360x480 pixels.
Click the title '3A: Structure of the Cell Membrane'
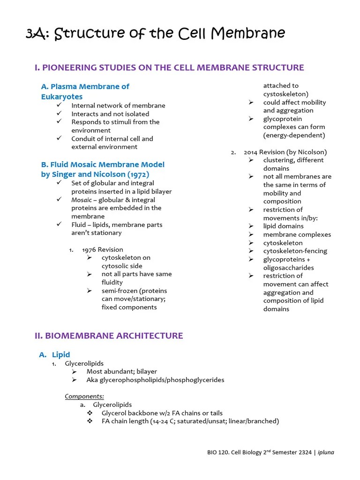point(155,34)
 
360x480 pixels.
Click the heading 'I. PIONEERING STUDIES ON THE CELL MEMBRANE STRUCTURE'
point(169,67)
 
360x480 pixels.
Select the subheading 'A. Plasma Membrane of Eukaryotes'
point(85,91)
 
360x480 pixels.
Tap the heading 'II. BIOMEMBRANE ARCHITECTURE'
point(109,336)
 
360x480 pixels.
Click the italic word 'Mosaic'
point(82,200)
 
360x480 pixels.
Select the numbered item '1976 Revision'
point(102,249)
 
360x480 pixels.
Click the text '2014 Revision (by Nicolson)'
point(285,152)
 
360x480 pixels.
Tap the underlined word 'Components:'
point(84,396)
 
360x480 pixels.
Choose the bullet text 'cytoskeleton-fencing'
point(295,251)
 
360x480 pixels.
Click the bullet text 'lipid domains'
point(283,226)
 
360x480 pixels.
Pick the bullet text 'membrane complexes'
point(297,234)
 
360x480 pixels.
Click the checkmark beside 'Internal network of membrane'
point(59,105)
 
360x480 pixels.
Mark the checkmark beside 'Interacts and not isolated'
point(59,114)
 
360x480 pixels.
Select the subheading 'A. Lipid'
point(54,355)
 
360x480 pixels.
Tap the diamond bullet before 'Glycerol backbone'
point(90,413)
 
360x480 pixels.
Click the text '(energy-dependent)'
point(294,135)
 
